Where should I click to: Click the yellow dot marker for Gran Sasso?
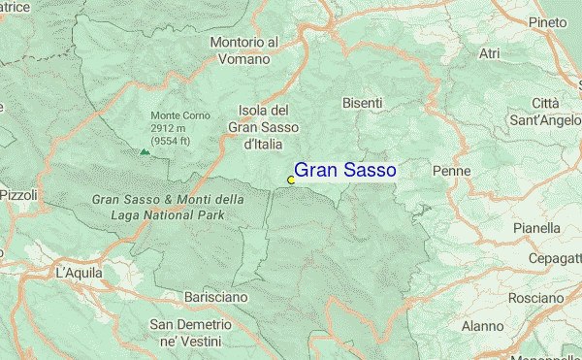coord(291,180)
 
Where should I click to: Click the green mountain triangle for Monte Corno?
coord(145,151)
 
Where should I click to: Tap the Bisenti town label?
coord(363,102)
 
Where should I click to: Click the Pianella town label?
coord(538,228)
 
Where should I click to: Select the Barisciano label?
coord(215,296)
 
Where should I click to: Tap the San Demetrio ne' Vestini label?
coord(190,333)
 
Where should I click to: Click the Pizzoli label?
coord(17,195)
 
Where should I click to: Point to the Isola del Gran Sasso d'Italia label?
coord(263,126)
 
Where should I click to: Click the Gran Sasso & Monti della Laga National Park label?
coord(168,207)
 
